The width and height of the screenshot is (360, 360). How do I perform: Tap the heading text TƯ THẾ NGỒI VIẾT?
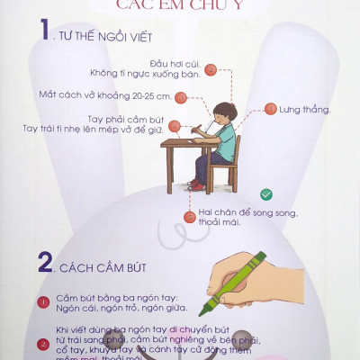106,38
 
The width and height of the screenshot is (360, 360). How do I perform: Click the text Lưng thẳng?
305,110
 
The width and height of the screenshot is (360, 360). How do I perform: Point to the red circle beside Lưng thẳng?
270,109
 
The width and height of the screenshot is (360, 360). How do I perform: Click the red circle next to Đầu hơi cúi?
211,68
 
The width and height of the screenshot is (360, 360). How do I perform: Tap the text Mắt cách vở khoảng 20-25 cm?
104,94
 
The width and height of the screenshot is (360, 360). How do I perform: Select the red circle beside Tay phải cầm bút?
175,125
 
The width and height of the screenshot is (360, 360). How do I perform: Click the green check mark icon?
265,193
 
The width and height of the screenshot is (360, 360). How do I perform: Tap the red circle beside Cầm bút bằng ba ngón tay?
43,302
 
